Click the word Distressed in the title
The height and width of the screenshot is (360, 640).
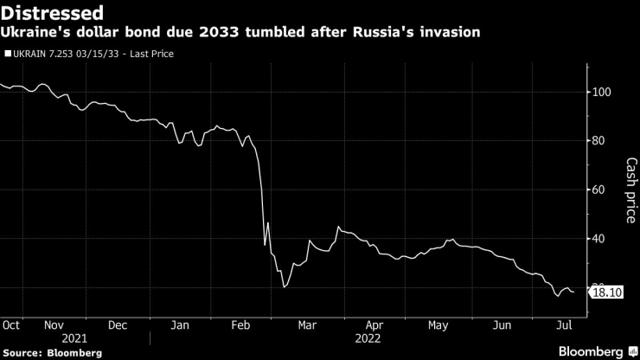54,13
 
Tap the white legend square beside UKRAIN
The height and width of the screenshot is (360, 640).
8,54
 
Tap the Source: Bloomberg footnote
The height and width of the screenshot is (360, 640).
51,352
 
